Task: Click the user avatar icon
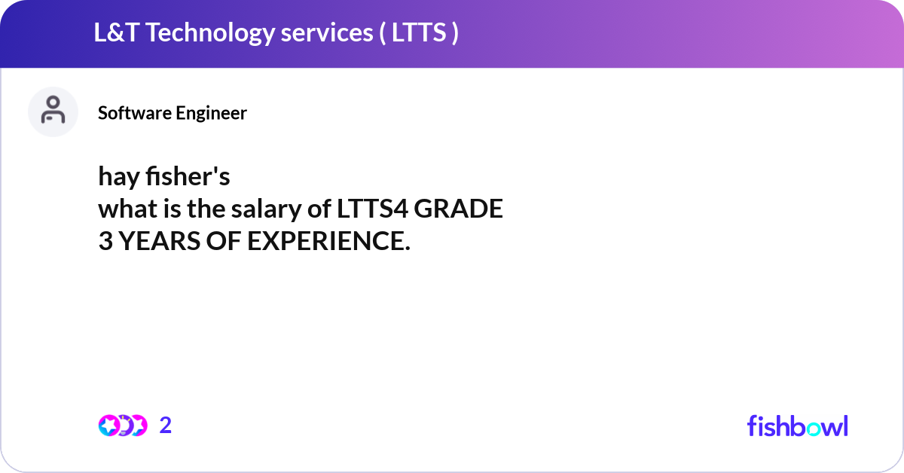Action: click(53, 111)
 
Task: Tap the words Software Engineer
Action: click(172, 113)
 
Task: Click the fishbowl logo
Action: click(797, 426)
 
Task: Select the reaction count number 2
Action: click(166, 426)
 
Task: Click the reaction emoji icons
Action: click(122, 426)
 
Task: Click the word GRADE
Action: click(459, 210)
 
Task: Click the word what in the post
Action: click(124, 210)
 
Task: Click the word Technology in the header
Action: click(210, 33)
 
